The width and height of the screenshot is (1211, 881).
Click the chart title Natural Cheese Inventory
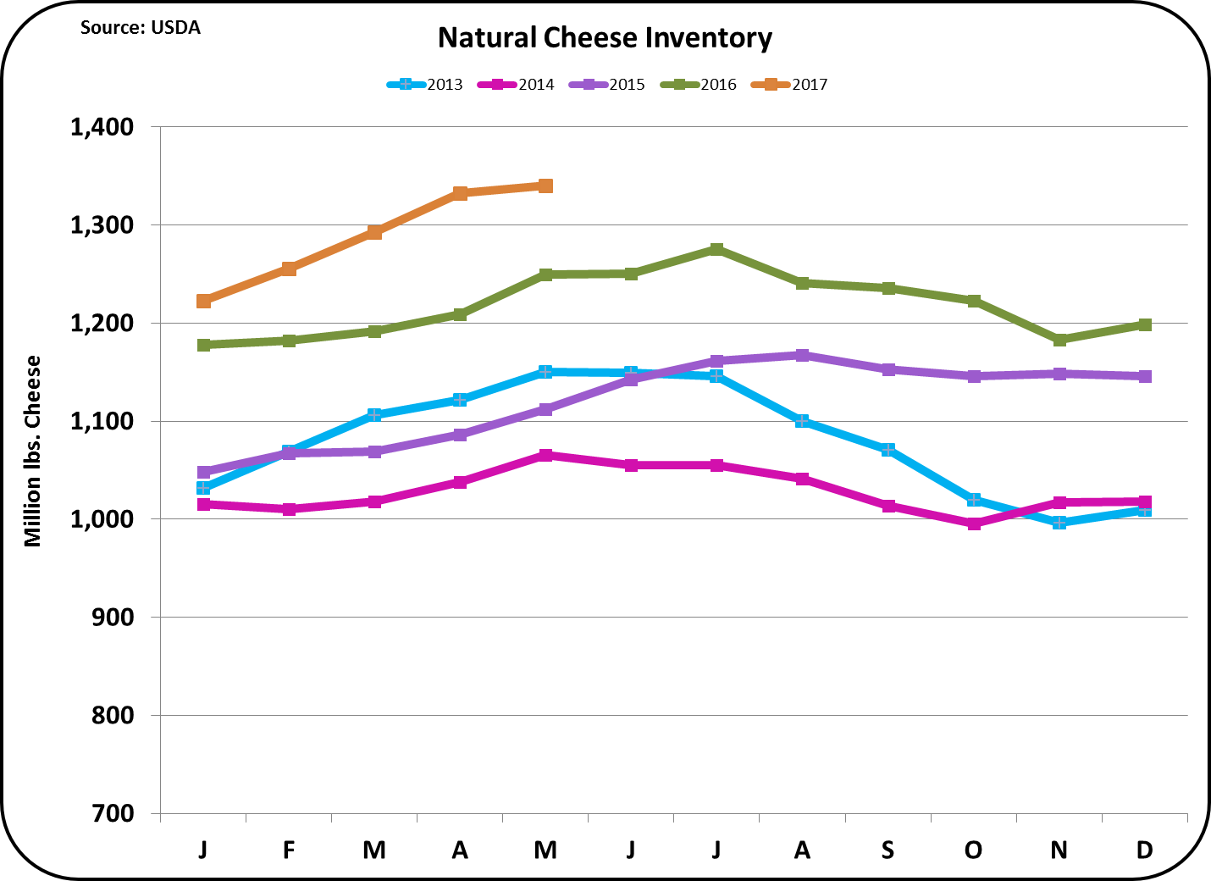click(605, 38)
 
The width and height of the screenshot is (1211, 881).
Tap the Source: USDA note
click(141, 28)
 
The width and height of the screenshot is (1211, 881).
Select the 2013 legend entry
click(425, 85)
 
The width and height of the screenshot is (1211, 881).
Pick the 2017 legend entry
click(790, 85)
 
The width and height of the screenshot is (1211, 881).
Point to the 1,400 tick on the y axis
click(102, 127)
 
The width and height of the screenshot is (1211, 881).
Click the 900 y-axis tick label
click(113, 618)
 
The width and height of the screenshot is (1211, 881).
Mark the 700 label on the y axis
click(113, 813)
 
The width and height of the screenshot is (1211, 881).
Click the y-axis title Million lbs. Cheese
click(33, 451)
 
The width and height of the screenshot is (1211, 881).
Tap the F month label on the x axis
click(289, 850)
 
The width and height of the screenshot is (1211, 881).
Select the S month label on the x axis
click(888, 850)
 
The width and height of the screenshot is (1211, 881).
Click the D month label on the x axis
click(1144, 850)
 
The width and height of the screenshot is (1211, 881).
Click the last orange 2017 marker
click(545, 186)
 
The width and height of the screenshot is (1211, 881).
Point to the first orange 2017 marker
click(203, 301)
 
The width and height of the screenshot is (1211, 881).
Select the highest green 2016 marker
click(716, 249)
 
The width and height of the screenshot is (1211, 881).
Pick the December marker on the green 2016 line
click(1144, 324)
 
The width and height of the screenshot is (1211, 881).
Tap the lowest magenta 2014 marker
click(974, 524)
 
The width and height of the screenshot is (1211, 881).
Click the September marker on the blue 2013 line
click(888, 450)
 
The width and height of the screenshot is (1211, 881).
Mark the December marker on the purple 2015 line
click(1144, 376)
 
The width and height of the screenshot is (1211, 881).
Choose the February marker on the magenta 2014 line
click(289, 509)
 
